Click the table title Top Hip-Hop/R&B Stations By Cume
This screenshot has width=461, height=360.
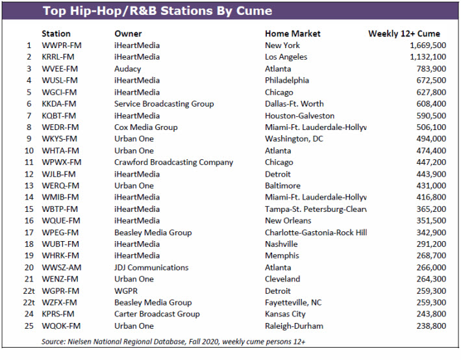pyautogui.click(x=157, y=11)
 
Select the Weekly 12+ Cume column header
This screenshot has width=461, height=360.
pyautogui.click(x=404, y=34)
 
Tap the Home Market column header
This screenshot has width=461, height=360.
pyautogui.click(x=293, y=34)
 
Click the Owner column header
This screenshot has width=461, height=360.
pyautogui.click(x=128, y=34)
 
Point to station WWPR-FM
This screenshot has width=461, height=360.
pyautogui.click(x=62, y=45)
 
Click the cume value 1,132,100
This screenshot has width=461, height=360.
pyautogui.click(x=428, y=57)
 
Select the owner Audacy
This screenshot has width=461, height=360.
pyautogui.click(x=128, y=69)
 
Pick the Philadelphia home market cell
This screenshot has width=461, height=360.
pyautogui.click(x=287, y=81)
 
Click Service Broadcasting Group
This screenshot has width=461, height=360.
pyautogui.click(x=164, y=104)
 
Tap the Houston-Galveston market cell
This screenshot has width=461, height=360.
pyautogui.click(x=299, y=116)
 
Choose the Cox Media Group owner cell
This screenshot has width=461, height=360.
pyautogui.click(x=146, y=127)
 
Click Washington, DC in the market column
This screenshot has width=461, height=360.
pyautogui.click(x=294, y=138)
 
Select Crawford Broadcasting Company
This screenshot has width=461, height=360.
pyautogui.click(x=174, y=162)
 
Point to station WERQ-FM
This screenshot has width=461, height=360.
pyautogui.click(x=60, y=186)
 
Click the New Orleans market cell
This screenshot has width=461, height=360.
pyautogui.click(x=288, y=220)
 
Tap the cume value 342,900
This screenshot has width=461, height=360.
pyautogui.click(x=431, y=233)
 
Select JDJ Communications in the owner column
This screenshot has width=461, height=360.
pyautogui.click(x=151, y=268)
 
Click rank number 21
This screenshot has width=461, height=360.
pyautogui.click(x=29, y=279)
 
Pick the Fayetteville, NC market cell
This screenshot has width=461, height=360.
pyautogui.click(x=293, y=303)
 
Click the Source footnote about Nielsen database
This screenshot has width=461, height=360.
pyautogui.click(x=173, y=341)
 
